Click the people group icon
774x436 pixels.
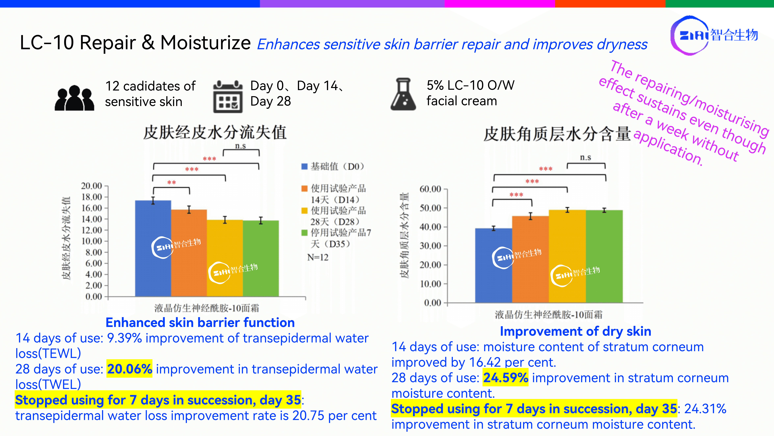[74, 98]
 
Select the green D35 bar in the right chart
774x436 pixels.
[604, 256]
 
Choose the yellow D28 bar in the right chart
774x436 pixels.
[567, 256]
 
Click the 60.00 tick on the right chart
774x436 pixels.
[430, 189]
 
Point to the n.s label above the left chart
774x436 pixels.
[240, 146]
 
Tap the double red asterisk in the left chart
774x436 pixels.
[172, 182]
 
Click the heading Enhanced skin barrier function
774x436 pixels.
[200, 323]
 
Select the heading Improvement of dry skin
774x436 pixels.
[575, 331]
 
